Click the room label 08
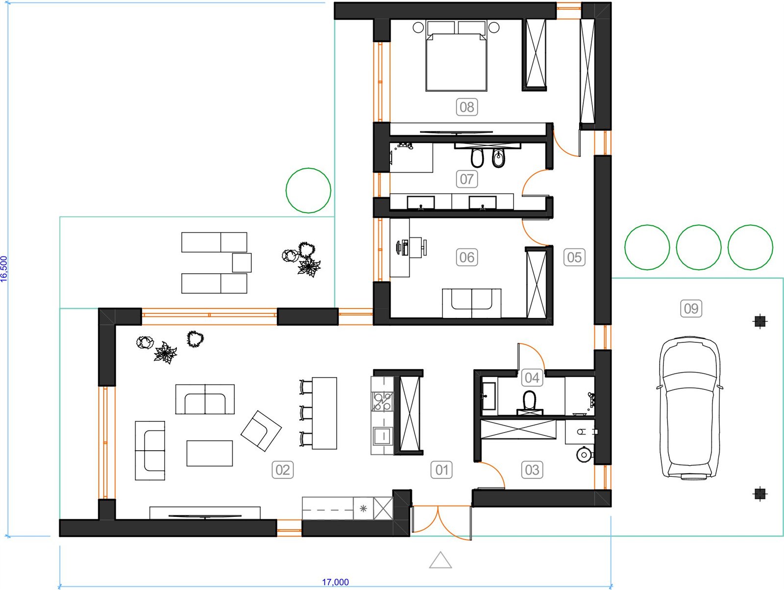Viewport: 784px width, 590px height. [x=467, y=107]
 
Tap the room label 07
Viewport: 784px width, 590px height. [x=467, y=179]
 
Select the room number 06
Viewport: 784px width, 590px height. [x=467, y=257]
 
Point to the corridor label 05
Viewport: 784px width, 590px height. [x=574, y=257]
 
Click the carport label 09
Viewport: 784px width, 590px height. [x=691, y=308]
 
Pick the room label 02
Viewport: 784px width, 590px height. [x=283, y=470]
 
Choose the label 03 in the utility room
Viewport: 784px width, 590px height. [x=532, y=470]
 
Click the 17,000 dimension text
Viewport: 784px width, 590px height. [x=335, y=582]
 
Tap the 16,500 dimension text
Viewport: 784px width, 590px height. [x=4, y=269]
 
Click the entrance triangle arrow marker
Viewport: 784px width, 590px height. [x=441, y=560]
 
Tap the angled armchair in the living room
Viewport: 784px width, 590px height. [x=261, y=431]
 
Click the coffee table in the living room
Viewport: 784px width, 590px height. [x=210, y=454]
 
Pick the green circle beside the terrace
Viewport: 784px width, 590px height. [x=309, y=190]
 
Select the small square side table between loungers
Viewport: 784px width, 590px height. [x=242, y=263]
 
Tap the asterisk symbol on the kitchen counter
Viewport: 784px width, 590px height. [x=363, y=508]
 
